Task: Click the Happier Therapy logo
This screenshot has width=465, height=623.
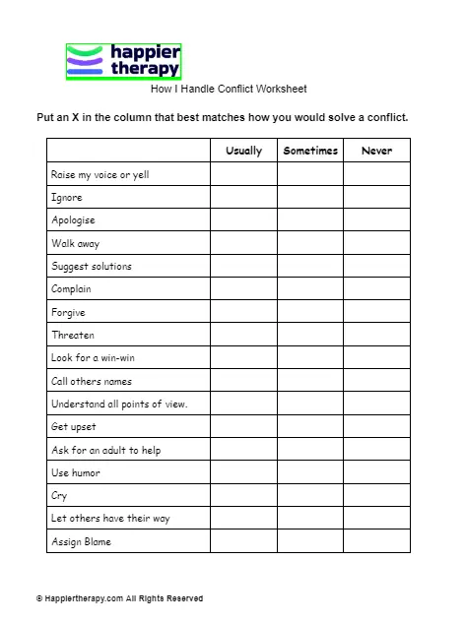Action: (x=123, y=61)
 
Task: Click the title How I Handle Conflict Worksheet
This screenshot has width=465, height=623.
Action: (x=229, y=89)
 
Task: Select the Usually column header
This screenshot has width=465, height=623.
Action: (x=243, y=151)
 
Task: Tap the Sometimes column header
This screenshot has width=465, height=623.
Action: (x=310, y=151)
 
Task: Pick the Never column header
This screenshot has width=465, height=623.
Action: (x=376, y=151)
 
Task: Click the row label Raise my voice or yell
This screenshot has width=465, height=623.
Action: (x=100, y=174)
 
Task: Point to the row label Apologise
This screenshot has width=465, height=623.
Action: (x=73, y=220)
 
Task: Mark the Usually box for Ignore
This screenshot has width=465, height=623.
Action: (x=243, y=197)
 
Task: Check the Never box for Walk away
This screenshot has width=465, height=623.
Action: (x=376, y=243)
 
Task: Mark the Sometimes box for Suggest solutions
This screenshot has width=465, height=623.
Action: (x=310, y=266)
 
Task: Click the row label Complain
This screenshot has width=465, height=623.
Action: (x=71, y=289)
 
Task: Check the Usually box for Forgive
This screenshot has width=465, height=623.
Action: (x=243, y=312)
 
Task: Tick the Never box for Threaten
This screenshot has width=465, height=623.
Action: (x=376, y=335)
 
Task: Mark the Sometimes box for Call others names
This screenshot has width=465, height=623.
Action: (x=310, y=381)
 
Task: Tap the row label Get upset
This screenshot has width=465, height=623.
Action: (x=72, y=427)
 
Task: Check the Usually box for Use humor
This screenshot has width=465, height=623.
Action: (x=243, y=472)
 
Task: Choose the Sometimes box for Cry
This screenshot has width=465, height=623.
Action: (x=310, y=496)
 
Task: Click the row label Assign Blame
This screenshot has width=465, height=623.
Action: (x=81, y=541)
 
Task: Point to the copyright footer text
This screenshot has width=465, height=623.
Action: (x=119, y=598)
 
